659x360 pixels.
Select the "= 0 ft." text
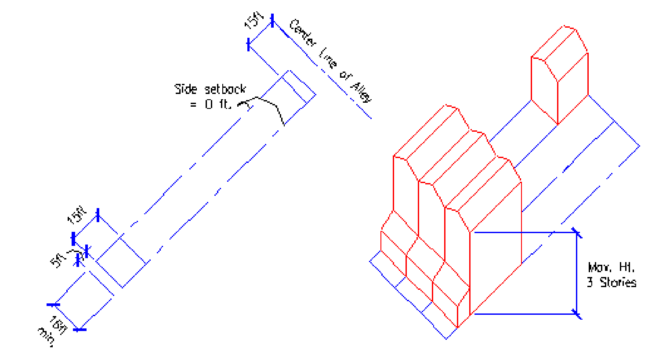210,105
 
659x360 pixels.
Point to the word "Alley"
361,91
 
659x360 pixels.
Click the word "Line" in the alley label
327,59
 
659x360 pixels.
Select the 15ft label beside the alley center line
254,20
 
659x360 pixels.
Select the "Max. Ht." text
611,267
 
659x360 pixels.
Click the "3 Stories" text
612,282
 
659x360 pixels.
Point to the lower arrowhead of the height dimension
577,313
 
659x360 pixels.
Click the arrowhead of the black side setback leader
241,105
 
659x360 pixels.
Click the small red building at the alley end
559,75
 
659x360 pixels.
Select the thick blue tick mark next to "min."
80,329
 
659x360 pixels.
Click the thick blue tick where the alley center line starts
272,20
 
